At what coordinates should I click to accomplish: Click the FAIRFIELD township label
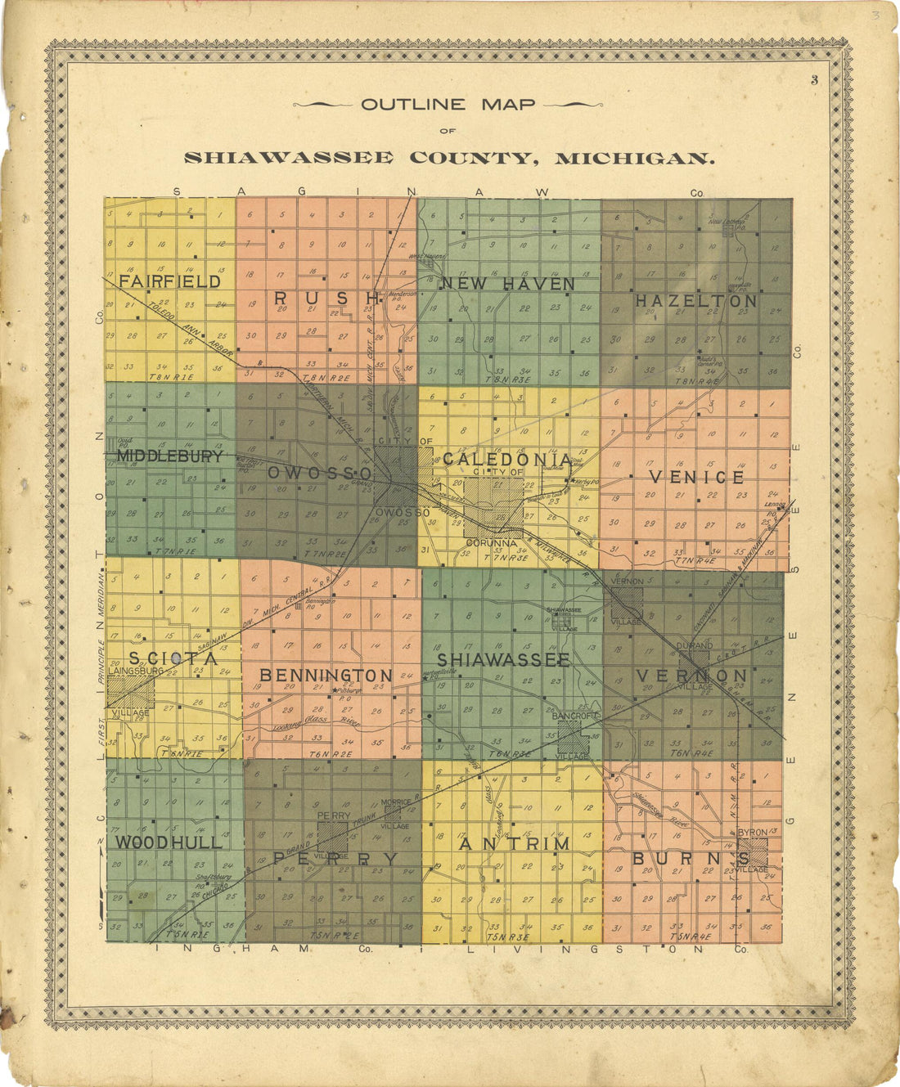click(170, 281)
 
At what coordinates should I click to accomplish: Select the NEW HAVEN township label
click(508, 284)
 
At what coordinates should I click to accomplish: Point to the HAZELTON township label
click(696, 301)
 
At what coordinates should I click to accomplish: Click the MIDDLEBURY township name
click(170, 456)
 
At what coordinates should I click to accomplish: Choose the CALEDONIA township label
click(507, 460)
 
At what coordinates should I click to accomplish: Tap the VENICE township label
click(696, 477)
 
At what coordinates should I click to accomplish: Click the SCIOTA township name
click(173, 658)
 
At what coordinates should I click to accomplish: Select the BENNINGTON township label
click(326, 676)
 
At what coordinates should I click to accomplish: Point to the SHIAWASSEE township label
click(503, 659)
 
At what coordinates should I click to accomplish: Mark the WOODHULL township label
click(169, 842)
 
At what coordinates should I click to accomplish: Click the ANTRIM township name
click(515, 843)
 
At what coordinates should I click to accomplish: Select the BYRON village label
click(753, 833)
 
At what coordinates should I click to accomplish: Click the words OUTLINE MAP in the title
click(448, 105)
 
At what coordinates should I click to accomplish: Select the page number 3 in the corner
click(815, 79)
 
